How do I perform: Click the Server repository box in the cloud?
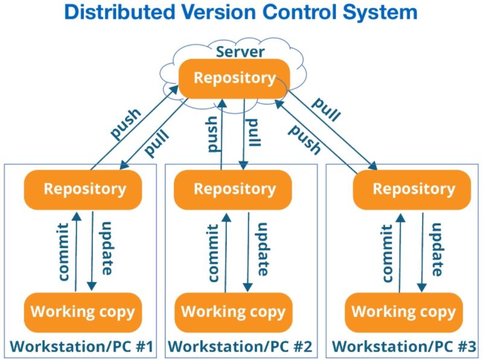click(234, 79)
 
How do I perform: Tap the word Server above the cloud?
click(240, 52)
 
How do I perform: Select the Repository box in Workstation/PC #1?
click(83, 188)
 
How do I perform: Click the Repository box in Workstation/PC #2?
click(233, 189)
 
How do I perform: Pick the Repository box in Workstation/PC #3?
click(412, 189)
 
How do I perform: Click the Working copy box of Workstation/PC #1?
click(83, 312)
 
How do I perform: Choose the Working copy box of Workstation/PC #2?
click(233, 312)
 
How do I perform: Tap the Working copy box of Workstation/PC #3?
click(403, 312)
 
